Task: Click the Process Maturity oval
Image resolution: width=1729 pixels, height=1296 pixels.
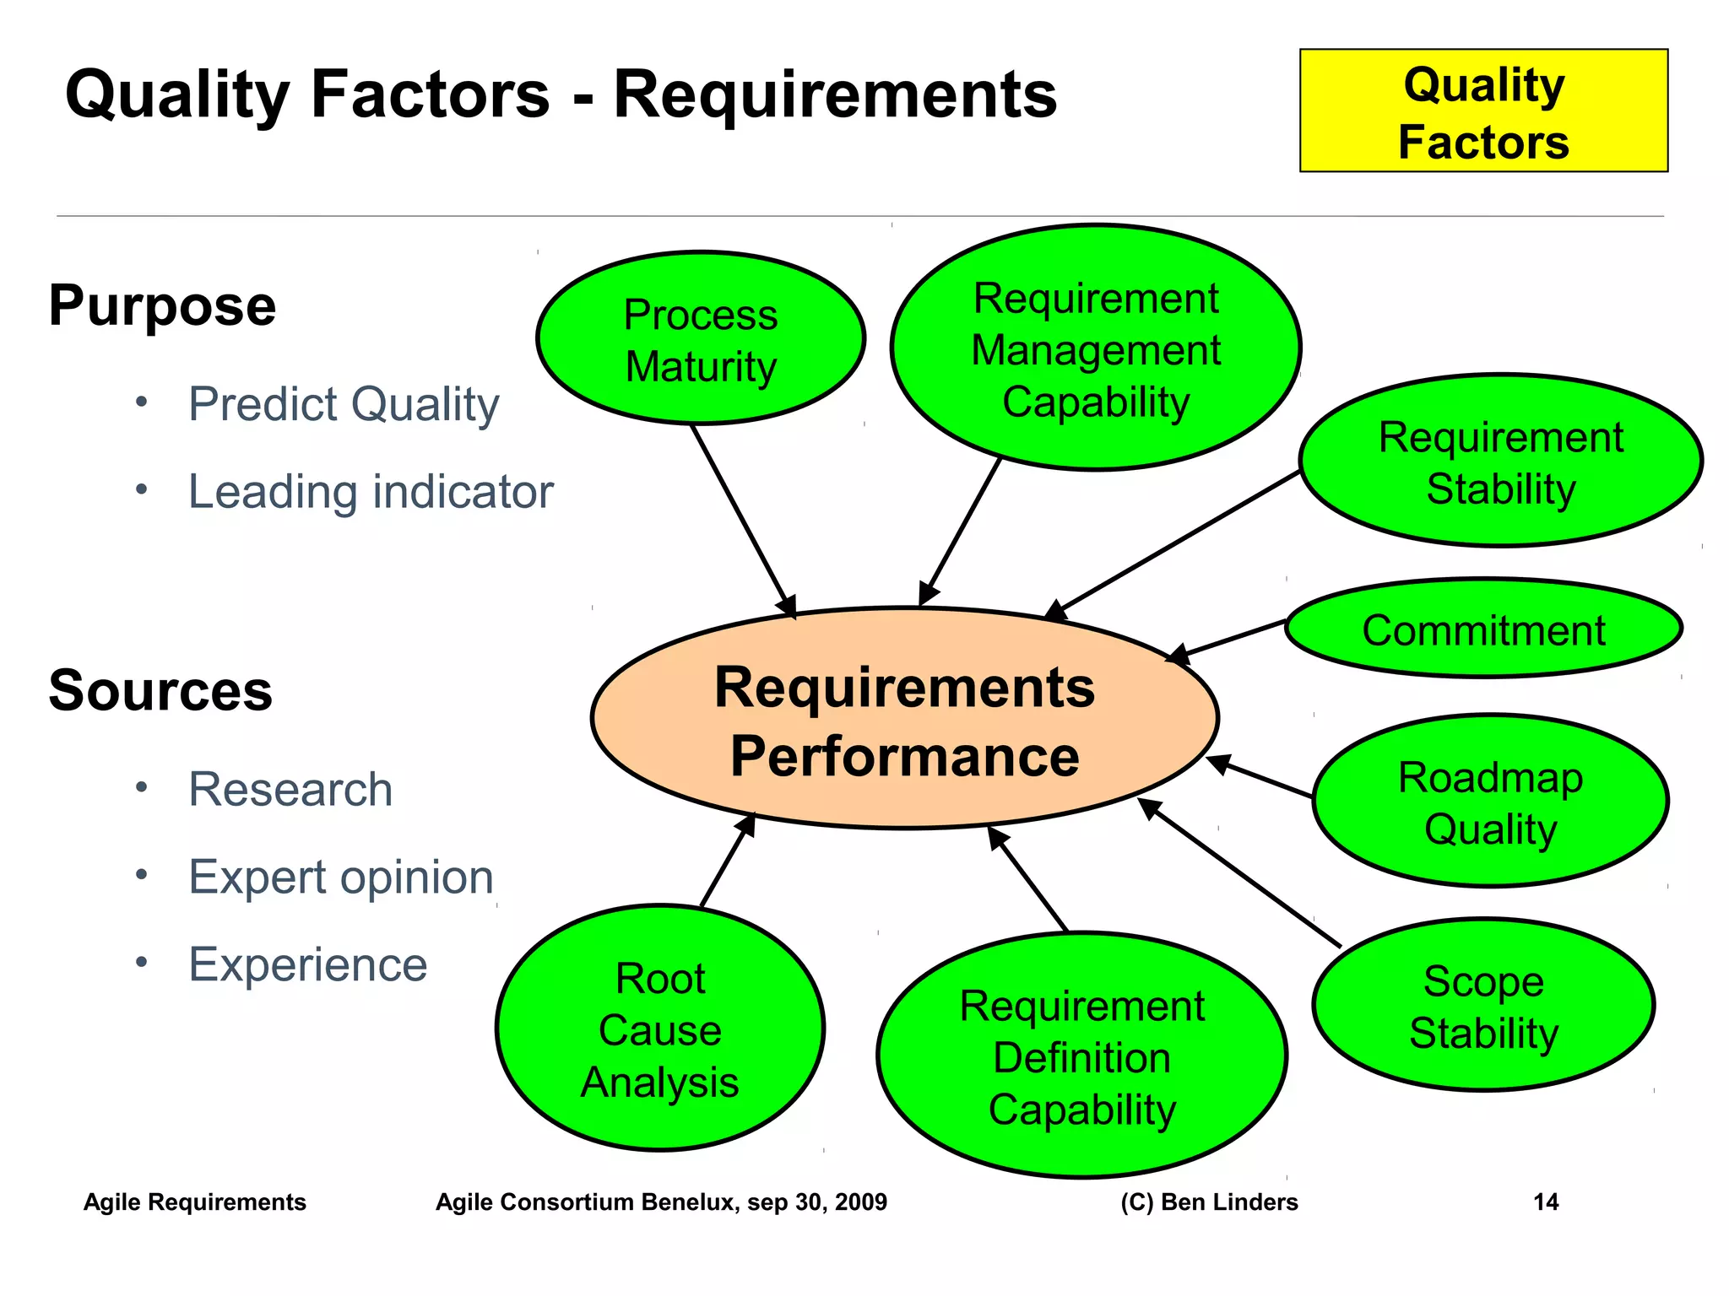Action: [701, 339]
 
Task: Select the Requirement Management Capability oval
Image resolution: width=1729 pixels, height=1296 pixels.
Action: [1096, 348]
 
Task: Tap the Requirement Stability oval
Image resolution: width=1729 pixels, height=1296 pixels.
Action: [1500, 462]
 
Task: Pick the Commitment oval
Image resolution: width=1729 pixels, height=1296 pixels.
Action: [1483, 629]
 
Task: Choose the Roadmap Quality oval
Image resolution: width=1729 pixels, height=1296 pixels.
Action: [1490, 802]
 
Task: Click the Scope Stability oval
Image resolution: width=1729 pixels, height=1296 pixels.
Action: [1483, 1006]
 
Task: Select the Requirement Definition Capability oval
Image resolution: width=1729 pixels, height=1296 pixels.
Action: [1081, 1056]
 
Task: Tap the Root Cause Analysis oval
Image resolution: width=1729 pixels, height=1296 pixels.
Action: [660, 1029]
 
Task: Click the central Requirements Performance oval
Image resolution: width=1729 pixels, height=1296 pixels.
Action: [904, 719]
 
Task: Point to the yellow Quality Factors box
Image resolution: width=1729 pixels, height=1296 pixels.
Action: [1483, 111]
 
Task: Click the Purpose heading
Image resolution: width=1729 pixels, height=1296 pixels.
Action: [162, 305]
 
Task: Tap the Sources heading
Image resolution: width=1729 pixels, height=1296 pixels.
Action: [160, 691]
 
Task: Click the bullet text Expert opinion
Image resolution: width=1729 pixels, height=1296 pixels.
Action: [340, 877]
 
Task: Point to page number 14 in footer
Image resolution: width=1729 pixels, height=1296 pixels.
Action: [1545, 1202]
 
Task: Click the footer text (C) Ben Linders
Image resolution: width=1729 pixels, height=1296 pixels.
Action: [1209, 1202]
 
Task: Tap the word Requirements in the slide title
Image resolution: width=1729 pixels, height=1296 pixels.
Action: [834, 94]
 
